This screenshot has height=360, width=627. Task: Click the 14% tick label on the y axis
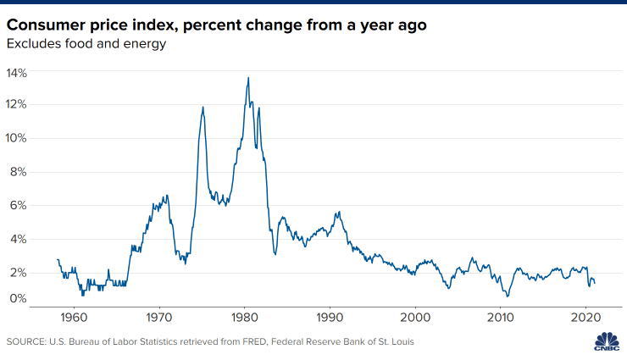click(17, 74)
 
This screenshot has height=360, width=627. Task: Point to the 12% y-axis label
click(17, 105)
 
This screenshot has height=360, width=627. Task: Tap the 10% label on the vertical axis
click(17, 138)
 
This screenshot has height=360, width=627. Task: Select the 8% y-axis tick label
click(19, 172)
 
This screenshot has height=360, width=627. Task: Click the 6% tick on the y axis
click(19, 206)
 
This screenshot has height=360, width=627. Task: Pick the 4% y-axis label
click(19, 240)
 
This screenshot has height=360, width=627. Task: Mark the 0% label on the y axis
click(19, 298)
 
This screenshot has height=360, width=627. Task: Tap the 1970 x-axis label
click(159, 317)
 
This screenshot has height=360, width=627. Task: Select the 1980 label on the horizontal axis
click(245, 317)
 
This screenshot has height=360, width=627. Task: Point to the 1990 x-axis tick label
click(330, 317)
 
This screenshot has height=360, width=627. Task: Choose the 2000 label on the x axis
click(415, 317)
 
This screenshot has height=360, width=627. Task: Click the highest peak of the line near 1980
click(248, 78)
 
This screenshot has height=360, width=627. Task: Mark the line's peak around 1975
click(203, 107)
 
